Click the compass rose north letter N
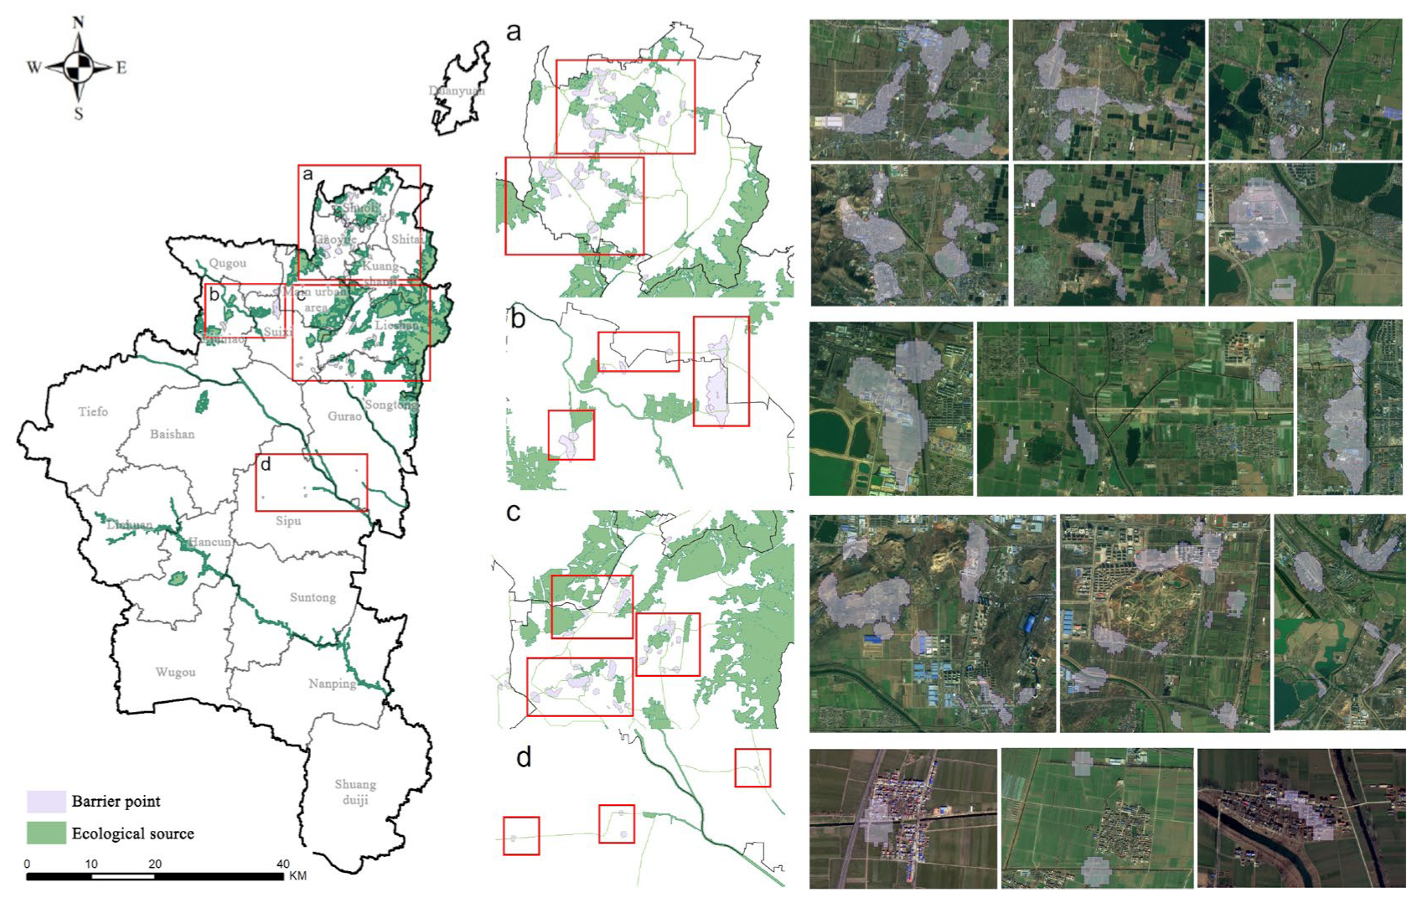click(78, 23)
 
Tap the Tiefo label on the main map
click(93, 411)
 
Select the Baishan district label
click(172, 434)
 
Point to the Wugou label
click(175, 672)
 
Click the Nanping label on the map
click(332, 684)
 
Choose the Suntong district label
click(313, 597)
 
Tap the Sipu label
click(288, 521)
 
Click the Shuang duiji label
click(355, 792)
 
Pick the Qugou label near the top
click(228, 263)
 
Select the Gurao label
click(344, 416)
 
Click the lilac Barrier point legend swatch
click(46, 802)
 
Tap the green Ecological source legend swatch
click(46, 833)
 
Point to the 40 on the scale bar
click(283, 864)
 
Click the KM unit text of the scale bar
click(297, 876)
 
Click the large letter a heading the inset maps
click(514, 33)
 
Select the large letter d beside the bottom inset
click(524, 757)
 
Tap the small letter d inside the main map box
click(265, 465)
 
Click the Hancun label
click(209, 542)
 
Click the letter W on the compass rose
click(34, 68)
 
